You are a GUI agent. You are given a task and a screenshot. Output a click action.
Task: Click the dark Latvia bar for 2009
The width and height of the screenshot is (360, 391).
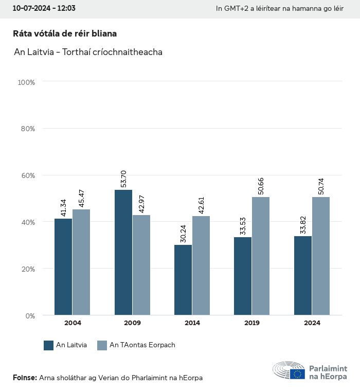pyautogui.click(x=123, y=252)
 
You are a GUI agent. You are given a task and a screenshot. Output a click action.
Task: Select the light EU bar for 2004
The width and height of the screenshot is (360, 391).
pyautogui.click(x=81, y=262)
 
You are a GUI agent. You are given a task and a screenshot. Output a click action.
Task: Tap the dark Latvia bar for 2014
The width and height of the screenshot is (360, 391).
pyautogui.click(x=183, y=280)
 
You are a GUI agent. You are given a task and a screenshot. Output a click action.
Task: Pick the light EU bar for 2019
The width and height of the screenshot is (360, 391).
pyautogui.click(x=261, y=256)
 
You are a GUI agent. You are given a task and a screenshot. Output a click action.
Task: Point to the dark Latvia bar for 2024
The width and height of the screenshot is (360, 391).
pyautogui.click(x=303, y=275)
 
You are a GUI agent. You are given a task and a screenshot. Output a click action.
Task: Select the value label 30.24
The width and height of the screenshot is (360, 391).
pyautogui.click(x=183, y=233)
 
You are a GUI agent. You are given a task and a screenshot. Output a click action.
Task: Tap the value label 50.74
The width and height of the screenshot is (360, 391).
pyautogui.click(x=321, y=186)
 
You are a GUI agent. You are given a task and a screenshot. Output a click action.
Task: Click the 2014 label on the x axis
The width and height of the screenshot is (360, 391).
pyautogui.click(x=192, y=323)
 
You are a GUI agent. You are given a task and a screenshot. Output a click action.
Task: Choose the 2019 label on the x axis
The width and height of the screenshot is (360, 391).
pyautogui.click(x=252, y=323)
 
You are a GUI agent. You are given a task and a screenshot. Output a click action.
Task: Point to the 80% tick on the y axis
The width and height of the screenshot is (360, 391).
pyautogui.click(x=26, y=129)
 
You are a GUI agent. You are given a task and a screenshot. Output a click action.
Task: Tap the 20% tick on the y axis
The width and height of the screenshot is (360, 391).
pyautogui.click(x=26, y=269)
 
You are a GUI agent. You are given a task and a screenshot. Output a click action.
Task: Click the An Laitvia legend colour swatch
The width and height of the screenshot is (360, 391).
pyautogui.click(x=49, y=345)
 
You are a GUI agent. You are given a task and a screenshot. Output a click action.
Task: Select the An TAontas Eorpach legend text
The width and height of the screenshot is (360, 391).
pyautogui.click(x=142, y=345)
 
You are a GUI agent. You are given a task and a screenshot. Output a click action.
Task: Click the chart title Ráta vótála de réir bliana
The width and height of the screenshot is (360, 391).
pyautogui.click(x=65, y=33)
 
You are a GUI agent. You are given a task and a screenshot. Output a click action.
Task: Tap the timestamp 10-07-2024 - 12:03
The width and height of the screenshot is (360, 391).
pyautogui.click(x=44, y=8)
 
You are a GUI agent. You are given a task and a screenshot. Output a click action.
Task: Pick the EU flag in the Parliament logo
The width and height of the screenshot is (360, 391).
pyautogui.click(x=297, y=374)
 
